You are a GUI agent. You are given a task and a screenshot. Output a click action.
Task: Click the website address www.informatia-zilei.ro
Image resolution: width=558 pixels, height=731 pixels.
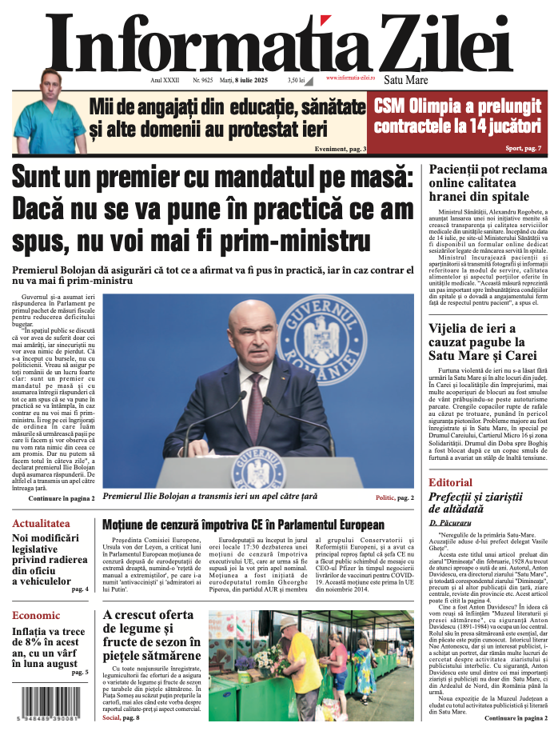pos(351,78)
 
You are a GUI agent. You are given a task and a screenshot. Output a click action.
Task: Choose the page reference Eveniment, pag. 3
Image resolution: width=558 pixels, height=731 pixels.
pos(340,149)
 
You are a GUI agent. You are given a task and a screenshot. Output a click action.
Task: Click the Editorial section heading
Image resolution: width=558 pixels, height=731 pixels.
pos(450,482)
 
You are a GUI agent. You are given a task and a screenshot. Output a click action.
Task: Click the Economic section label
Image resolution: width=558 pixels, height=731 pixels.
pos(36,615)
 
